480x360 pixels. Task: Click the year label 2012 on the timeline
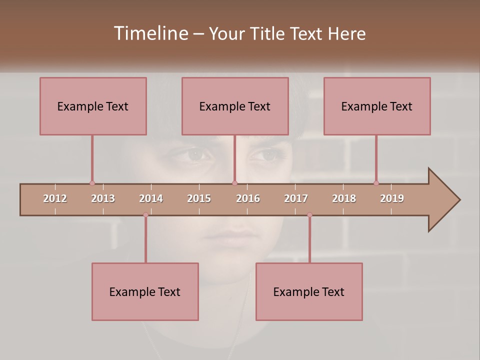(55, 198)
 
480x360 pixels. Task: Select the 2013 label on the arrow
(103, 198)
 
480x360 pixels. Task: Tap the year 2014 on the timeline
(151, 198)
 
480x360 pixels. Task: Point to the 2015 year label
(199, 198)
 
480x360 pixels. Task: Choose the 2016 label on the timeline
(248, 198)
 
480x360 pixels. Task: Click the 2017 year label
(296, 198)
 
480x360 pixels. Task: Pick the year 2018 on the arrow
(344, 198)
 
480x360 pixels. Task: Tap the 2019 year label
(392, 198)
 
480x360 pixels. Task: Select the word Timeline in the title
(149, 33)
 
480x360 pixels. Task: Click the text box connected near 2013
(93, 106)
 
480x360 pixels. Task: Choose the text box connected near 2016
(235, 106)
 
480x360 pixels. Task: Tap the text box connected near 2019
(377, 106)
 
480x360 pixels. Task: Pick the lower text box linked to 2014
(145, 291)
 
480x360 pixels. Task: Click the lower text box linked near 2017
(309, 291)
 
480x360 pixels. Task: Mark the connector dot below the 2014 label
(145, 215)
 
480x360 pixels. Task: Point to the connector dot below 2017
(309, 215)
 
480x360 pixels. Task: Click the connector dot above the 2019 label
(376, 183)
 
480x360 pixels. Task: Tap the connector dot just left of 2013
(92, 183)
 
